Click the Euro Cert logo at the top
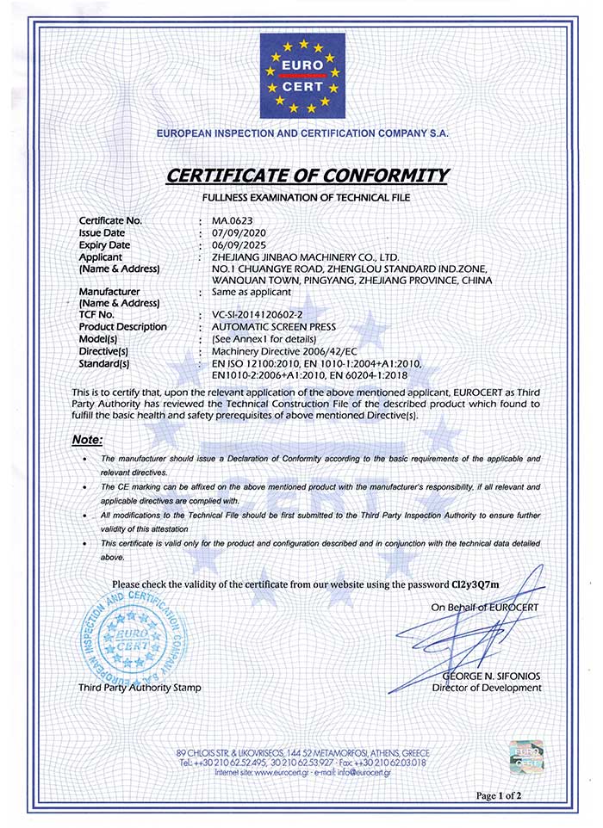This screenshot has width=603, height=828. [302, 76]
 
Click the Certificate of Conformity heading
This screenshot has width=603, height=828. [308, 176]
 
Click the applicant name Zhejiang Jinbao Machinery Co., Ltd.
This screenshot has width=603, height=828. [305, 257]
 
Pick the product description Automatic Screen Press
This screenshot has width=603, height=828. [266, 327]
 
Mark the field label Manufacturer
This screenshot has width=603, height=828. [109, 292]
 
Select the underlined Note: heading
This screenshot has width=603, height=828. [87, 440]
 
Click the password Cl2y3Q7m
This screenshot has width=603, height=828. [476, 585]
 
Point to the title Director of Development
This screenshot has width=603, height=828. [487, 688]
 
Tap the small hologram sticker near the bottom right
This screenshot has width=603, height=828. [525, 755]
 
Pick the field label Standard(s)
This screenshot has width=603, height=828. [103, 363]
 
